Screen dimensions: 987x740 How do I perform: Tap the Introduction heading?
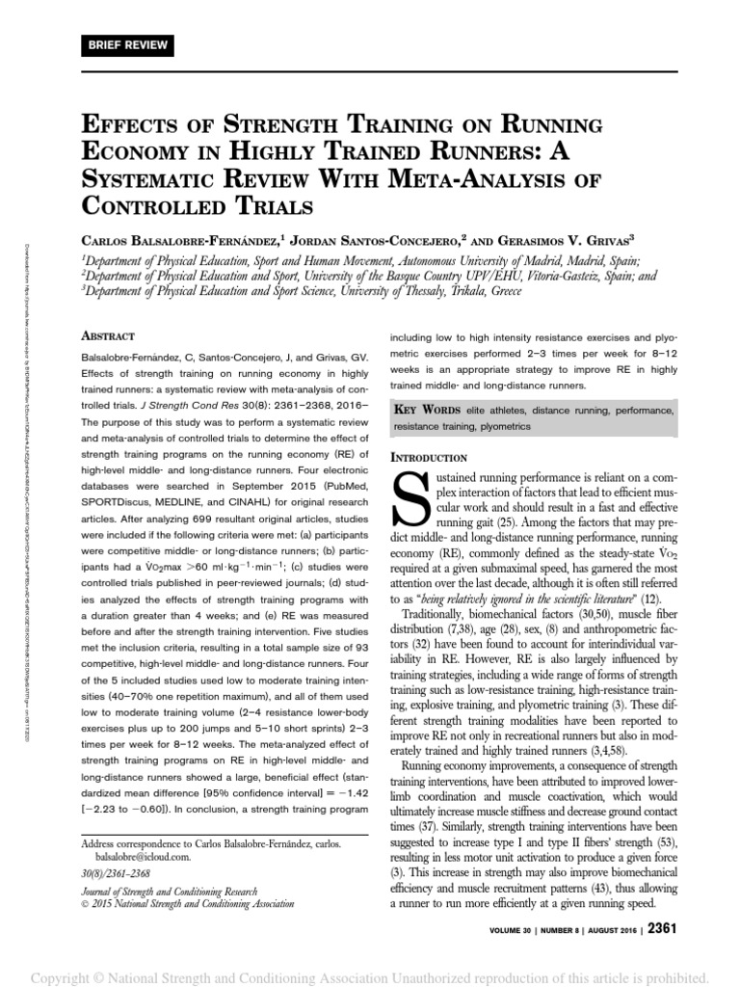tap(428, 456)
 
